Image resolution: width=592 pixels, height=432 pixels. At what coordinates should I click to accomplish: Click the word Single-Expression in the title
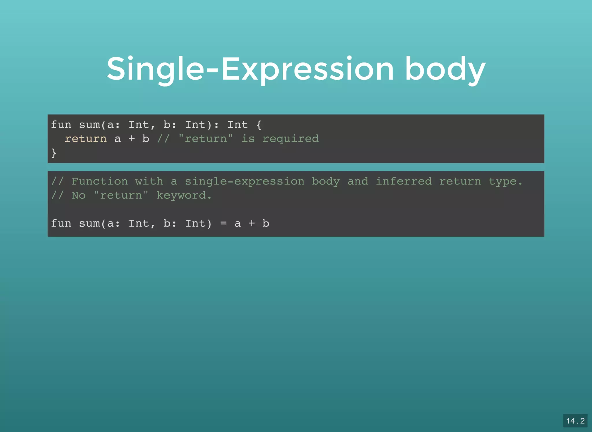pyautogui.click(x=250, y=69)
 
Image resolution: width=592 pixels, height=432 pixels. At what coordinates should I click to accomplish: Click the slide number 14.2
pyautogui.click(x=575, y=421)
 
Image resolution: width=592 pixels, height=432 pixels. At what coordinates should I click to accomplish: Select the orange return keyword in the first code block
pyautogui.click(x=86, y=139)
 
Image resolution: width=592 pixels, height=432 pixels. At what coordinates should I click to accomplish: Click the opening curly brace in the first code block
pyautogui.click(x=259, y=125)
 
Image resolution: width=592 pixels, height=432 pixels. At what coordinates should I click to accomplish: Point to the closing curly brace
pyautogui.click(x=54, y=153)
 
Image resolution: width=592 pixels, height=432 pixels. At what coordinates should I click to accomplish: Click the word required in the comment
pyautogui.click(x=291, y=139)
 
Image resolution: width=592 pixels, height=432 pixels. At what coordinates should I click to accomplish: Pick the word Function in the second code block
pyautogui.click(x=100, y=181)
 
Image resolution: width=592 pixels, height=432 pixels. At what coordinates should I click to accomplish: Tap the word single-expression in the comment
pyautogui.click(x=245, y=181)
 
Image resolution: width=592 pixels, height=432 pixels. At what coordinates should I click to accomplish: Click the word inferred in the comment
pyautogui.click(x=404, y=181)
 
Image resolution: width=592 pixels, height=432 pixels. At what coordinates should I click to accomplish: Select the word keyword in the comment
pyautogui.click(x=181, y=195)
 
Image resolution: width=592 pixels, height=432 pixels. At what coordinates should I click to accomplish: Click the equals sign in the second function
pyautogui.click(x=223, y=223)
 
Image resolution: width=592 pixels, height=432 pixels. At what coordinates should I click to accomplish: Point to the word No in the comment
pyautogui.click(x=79, y=195)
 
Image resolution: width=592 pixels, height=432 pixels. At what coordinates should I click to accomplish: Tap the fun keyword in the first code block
pyautogui.click(x=61, y=125)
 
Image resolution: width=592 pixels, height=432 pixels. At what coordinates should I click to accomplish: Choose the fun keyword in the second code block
pyautogui.click(x=61, y=223)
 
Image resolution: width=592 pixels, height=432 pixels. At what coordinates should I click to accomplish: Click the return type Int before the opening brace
pyautogui.click(x=238, y=125)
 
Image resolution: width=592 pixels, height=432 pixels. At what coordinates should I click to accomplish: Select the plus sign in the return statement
pyautogui.click(x=132, y=139)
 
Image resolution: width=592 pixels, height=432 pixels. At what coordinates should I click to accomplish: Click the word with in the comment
pyautogui.click(x=149, y=181)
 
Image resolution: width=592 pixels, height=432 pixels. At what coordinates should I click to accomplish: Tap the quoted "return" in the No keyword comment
pyautogui.click(x=121, y=195)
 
